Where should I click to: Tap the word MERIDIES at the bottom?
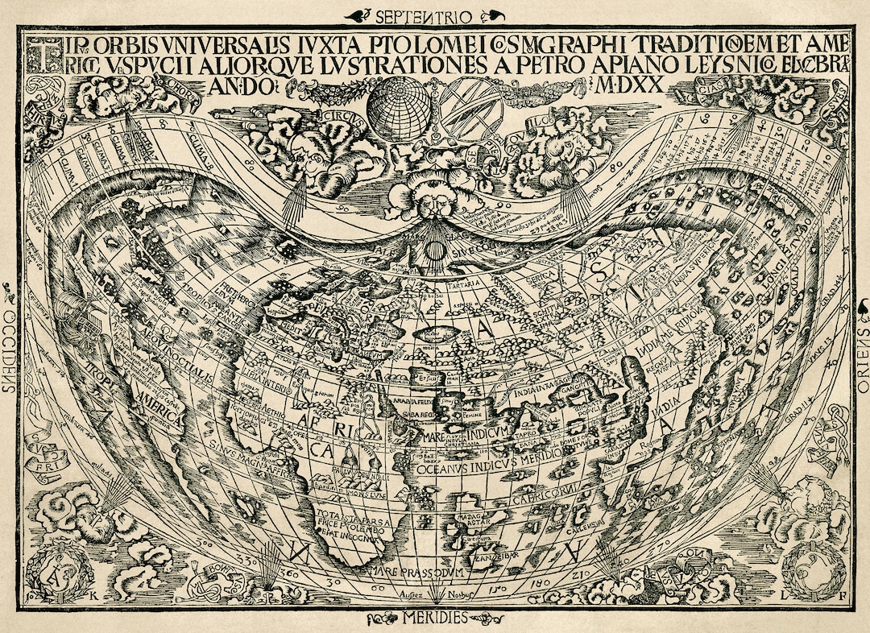tap(436, 619)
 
